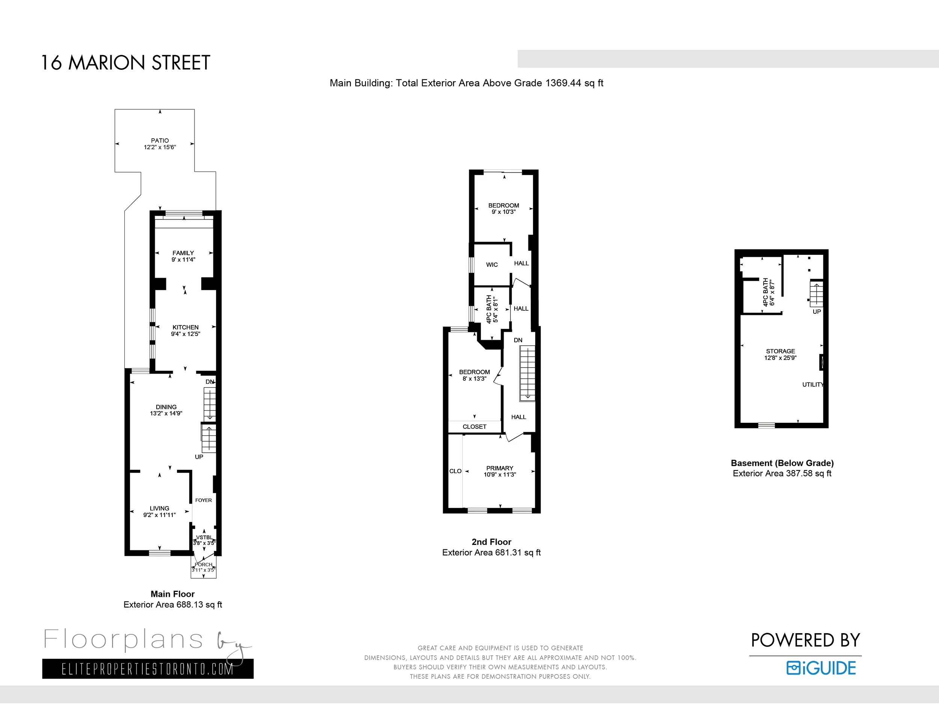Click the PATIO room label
[x=160, y=141]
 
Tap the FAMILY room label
[x=183, y=253]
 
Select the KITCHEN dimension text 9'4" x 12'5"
[x=185, y=334]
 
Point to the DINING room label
[x=166, y=407]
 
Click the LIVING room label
[x=160, y=508]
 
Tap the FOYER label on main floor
[x=203, y=500]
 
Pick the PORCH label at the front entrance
[x=203, y=565]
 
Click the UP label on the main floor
[x=199, y=457]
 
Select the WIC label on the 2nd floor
[x=492, y=265]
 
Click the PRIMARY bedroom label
[x=500, y=468]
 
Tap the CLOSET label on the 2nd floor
[x=475, y=427]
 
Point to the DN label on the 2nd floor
[x=518, y=340]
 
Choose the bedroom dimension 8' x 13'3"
[x=474, y=378]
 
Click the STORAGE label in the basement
[x=780, y=351]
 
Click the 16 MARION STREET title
[x=125, y=63]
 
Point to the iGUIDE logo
[x=821, y=668]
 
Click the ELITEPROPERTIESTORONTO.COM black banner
[x=148, y=669]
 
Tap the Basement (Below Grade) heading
[x=782, y=463]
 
